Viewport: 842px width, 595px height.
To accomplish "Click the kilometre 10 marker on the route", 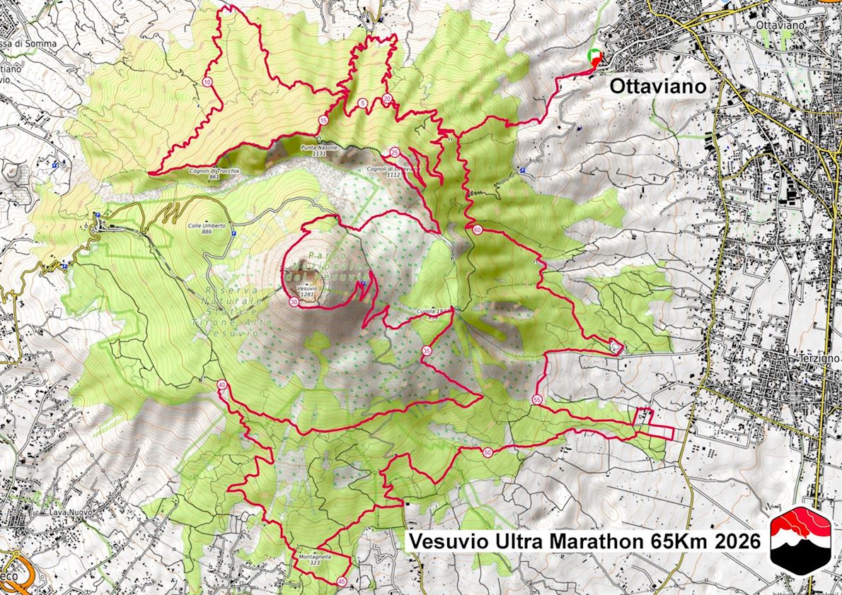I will (207, 83).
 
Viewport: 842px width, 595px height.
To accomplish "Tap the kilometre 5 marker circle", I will (362, 103).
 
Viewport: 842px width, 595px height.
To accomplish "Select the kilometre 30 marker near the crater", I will (294, 302).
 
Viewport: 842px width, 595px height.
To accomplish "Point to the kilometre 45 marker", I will (342, 582).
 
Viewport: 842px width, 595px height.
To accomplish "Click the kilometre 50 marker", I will (488, 452).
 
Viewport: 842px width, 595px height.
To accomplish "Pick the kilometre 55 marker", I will (537, 400).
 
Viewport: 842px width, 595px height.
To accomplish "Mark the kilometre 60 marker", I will (478, 230).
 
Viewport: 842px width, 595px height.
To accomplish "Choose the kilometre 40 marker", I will (222, 385).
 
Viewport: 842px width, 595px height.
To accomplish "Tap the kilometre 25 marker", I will (394, 152).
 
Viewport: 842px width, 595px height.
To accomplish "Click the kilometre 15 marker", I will (323, 120).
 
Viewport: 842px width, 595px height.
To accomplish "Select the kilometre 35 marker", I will (426, 350).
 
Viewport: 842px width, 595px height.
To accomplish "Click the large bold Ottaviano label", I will (658, 87).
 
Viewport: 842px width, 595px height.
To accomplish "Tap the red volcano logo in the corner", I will (801, 541).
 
